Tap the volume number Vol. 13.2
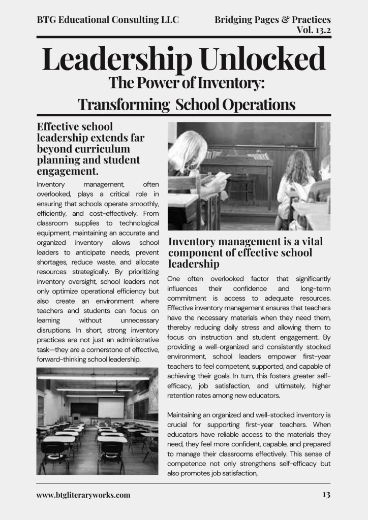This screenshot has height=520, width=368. (313, 30)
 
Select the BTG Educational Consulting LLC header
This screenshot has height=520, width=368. (107, 20)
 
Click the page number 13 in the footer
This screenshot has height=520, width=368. (326, 495)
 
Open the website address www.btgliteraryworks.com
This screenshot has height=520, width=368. (83, 495)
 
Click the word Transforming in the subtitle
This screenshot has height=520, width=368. (124, 105)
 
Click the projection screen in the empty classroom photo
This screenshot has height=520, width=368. (110, 407)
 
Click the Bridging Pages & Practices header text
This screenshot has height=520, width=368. (272, 20)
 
